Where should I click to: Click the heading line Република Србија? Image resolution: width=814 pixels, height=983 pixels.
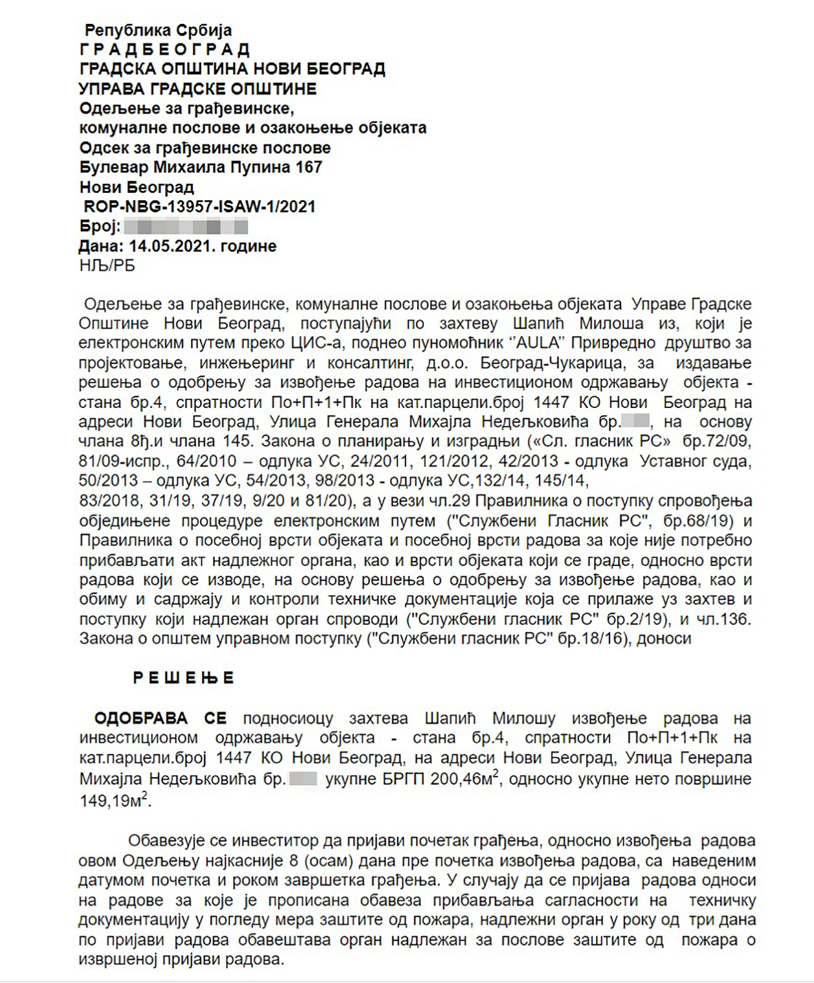(158, 30)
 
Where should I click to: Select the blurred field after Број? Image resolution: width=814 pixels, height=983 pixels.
(186, 227)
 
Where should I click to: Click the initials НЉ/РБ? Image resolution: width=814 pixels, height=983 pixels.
(107, 265)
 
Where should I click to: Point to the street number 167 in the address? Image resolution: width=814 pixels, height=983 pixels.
(309, 167)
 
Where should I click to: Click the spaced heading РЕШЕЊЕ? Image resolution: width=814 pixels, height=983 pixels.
(184, 678)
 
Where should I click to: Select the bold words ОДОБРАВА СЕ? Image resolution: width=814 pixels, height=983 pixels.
(160, 718)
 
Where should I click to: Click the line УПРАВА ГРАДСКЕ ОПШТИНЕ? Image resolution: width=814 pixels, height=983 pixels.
(197, 89)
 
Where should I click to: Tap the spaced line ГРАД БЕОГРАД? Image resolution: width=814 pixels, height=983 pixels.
(165, 50)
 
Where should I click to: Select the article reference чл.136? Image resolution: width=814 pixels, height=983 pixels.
(724, 619)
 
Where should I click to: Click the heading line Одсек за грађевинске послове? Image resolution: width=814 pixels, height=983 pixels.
(205, 147)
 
